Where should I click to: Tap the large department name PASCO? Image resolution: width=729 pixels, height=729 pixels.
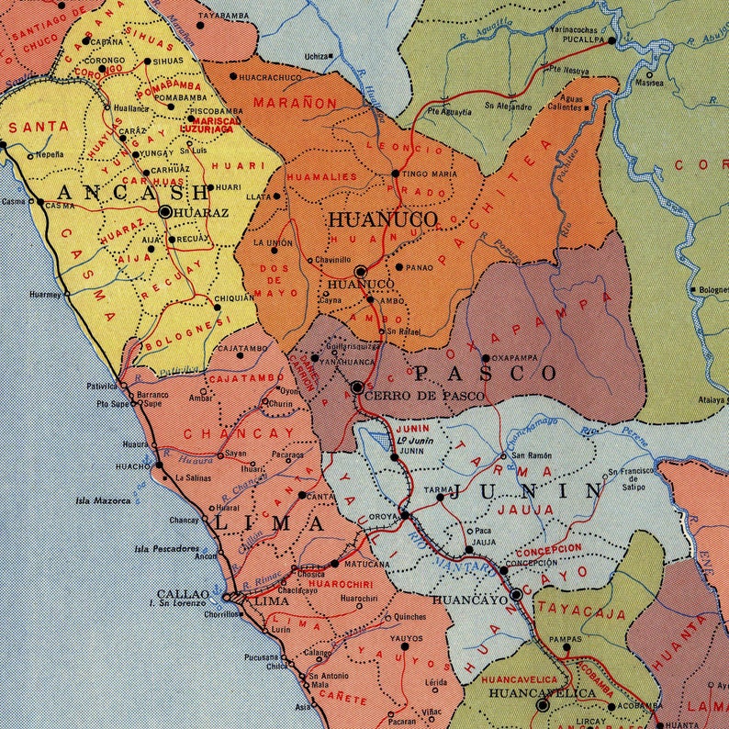(485, 373)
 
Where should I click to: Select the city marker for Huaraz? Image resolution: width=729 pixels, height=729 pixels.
(165, 211)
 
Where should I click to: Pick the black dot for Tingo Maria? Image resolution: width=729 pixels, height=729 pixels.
(396, 173)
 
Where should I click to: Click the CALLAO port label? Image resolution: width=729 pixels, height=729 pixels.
(176, 594)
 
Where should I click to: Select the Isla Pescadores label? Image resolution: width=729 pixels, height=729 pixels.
(166, 549)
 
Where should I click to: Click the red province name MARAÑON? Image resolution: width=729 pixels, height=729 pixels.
(296, 103)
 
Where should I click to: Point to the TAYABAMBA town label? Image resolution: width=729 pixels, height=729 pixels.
(225, 16)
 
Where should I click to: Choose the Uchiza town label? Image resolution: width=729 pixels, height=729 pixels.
(316, 56)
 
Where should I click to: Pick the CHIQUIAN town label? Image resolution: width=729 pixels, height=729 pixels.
(234, 298)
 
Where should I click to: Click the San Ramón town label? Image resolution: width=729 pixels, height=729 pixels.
(532, 455)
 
